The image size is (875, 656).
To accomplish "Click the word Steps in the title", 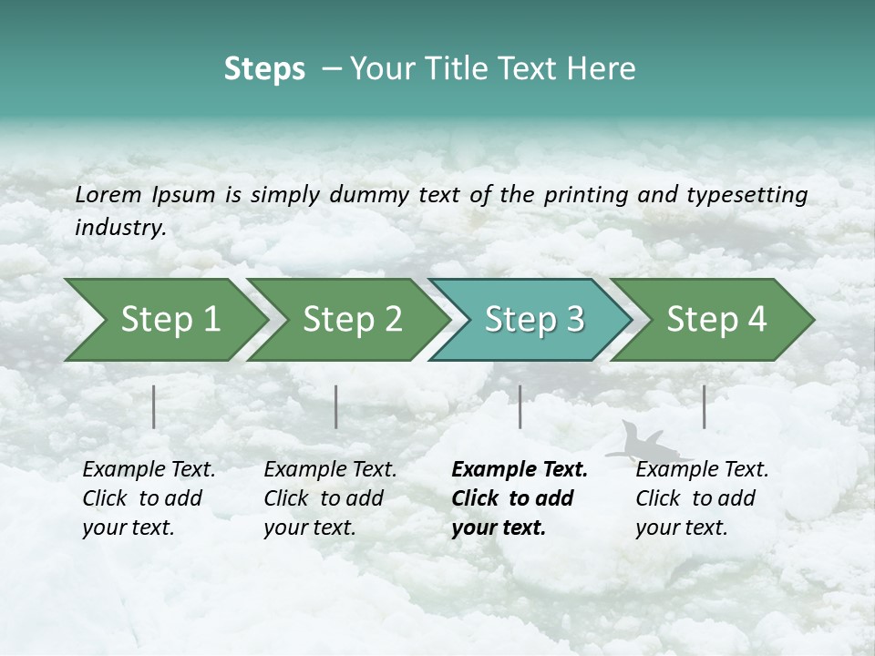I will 264,68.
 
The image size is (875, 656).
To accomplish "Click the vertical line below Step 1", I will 154,406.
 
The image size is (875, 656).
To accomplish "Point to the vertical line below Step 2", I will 336,406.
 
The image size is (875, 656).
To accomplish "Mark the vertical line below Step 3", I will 520,406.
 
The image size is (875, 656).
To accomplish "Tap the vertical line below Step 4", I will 704,406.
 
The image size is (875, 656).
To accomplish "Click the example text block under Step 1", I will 149,498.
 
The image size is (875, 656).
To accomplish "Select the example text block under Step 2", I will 330,498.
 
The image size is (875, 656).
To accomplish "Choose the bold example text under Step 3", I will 520,498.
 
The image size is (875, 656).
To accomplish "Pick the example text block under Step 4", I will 702,498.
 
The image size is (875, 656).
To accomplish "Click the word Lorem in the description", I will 108,194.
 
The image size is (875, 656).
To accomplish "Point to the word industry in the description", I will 120,227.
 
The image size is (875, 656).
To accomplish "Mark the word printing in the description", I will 582,195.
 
